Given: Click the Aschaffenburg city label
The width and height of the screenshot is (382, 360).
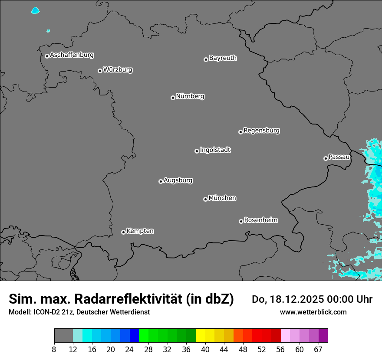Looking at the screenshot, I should [x=72, y=55].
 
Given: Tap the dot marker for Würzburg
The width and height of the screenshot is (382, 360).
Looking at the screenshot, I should [x=100, y=71].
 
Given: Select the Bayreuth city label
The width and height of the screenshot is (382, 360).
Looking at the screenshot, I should [x=223, y=58].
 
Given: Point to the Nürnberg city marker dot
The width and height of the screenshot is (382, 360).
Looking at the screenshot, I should [x=173, y=98].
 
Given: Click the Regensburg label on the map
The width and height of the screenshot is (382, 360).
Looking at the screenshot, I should [x=261, y=130].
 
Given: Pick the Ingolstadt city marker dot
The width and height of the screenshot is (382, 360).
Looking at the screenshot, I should [x=197, y=151].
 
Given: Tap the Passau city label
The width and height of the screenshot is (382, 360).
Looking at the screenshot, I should [x=339, y=157].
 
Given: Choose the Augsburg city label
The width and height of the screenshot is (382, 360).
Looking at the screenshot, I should [x=178, y=180].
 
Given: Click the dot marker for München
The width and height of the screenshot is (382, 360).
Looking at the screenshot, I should [x=205, y=199].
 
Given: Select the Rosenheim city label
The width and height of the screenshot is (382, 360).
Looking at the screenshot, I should [x=260, y=220].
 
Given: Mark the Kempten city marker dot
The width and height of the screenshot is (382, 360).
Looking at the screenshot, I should [x=123, y=232].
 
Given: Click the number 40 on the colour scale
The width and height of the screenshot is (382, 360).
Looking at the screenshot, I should [x=205, y=349].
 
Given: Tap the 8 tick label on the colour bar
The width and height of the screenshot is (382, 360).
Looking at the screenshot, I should [x=54, y=349].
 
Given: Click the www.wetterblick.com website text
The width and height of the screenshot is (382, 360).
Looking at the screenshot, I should [x=313, y=312].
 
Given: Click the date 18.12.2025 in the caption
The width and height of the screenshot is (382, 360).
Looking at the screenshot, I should [x=295, y=299].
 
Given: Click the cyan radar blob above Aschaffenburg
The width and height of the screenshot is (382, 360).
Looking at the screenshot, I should [x=36, y=10].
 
